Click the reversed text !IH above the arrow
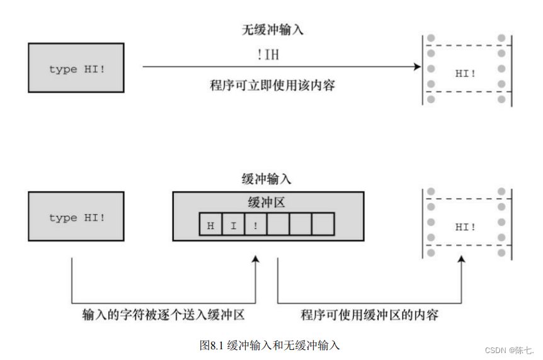(268, 55)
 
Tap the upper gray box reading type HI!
(76, 68)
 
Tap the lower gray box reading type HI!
(76, 217)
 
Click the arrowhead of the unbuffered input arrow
(416, 66)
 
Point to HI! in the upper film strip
(466, 73)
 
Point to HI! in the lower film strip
(466, 227)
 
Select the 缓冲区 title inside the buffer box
(267, 202)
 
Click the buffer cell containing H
(210, 225)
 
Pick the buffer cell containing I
(233, 225)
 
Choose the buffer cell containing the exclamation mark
(255, 225)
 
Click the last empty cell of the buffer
(323, 225)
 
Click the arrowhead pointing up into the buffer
(255, 260)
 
